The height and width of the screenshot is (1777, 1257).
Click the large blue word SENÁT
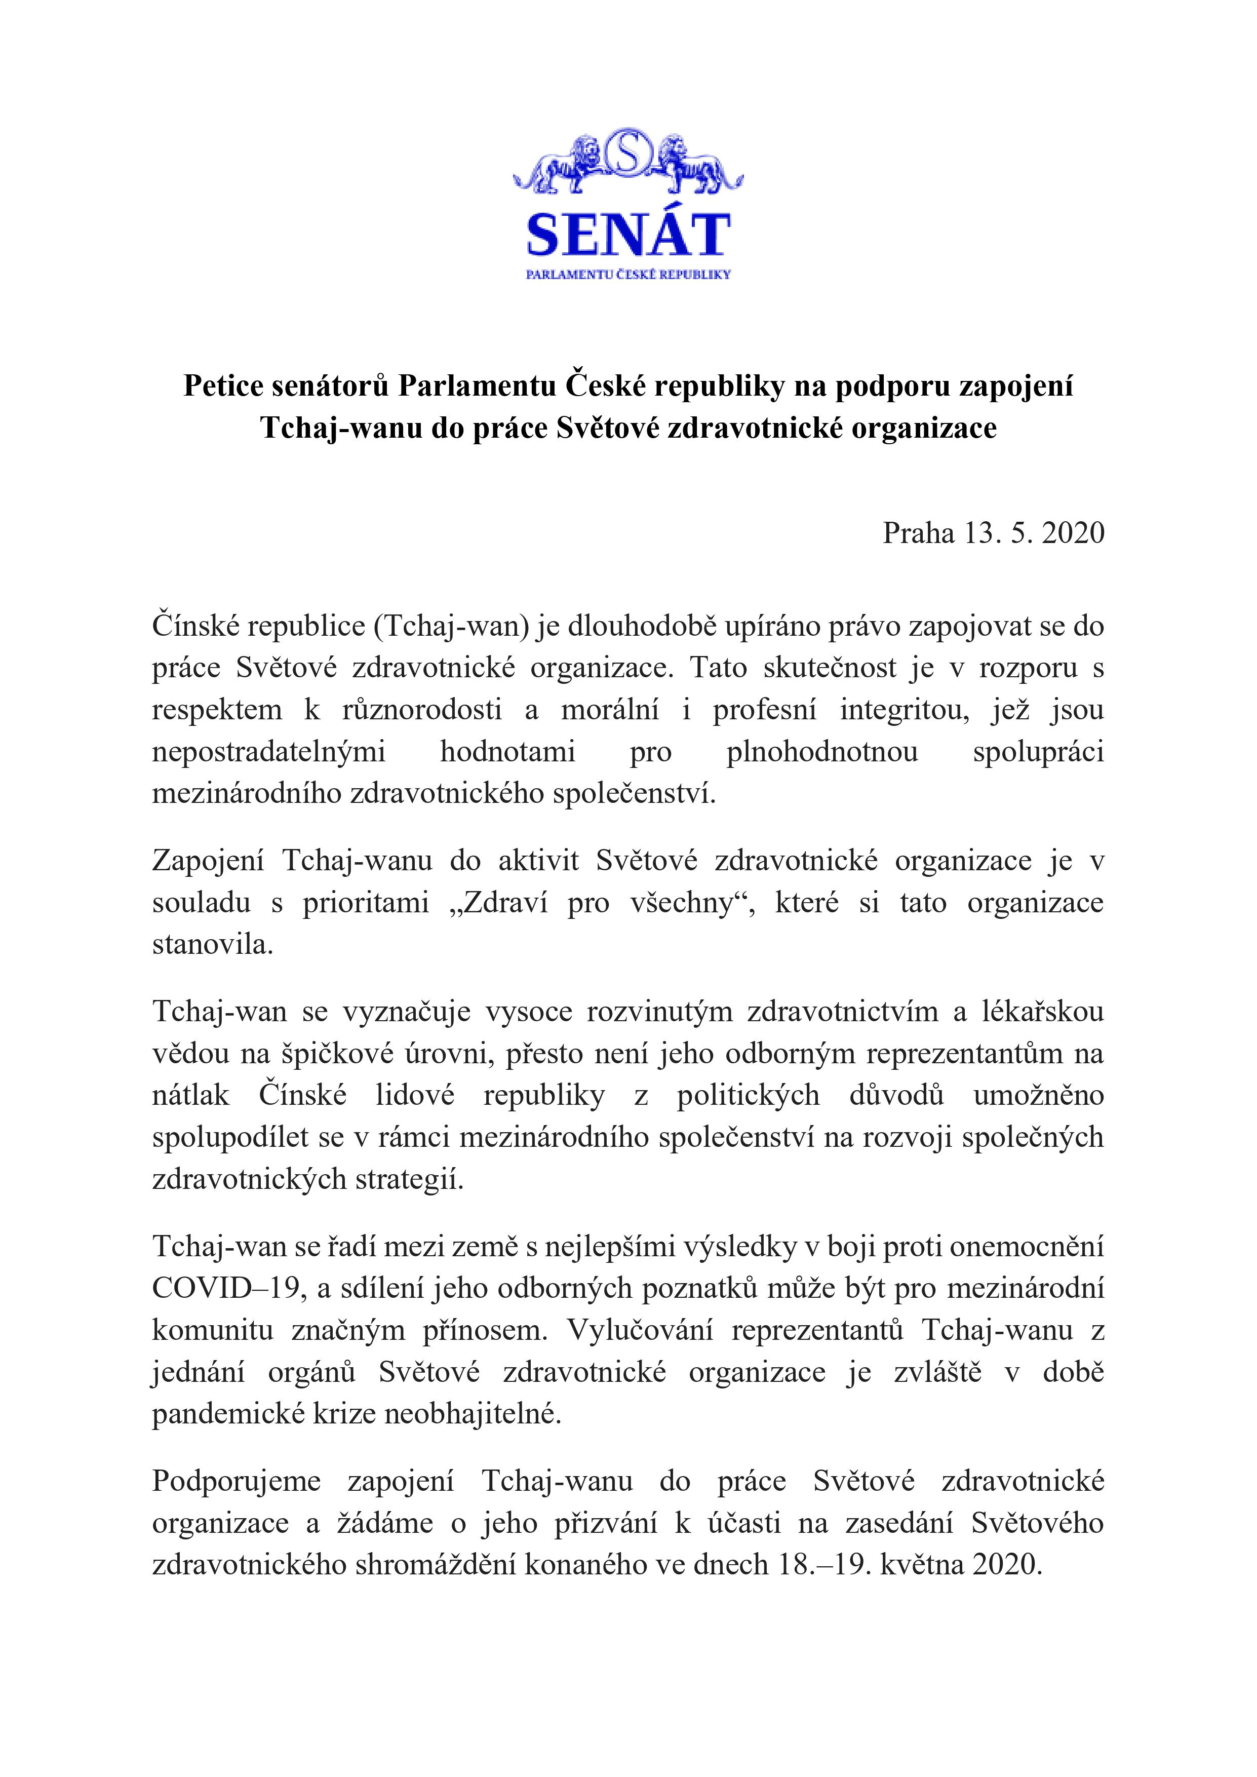point(627,235)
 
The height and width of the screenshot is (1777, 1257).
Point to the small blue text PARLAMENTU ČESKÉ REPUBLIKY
point(627,274)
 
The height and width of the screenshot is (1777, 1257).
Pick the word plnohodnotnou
point(822,752)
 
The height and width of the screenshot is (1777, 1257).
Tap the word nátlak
point(190,1096)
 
